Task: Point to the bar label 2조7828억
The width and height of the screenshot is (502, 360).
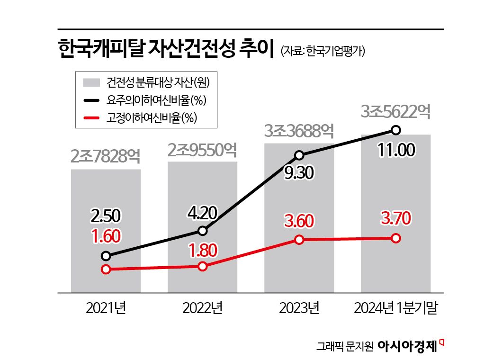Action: pyautogui.click(x=106, y=156)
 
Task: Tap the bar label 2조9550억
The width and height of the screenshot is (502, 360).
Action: pyautogui.click(x=202, y=149)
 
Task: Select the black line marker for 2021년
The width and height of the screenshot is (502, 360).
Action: pyautogui.click(x=106, y=256)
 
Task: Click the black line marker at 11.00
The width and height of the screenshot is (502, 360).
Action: pyautogui.click(x=396, y=130)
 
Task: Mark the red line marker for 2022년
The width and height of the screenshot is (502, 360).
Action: pyautogui.click(x=203, y=266)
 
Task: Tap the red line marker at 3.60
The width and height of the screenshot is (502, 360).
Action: pyautogui.click(x=299, y=240)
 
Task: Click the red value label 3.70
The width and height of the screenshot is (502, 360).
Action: pyautogui.click(x=396, y=219)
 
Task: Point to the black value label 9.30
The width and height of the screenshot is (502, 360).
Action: pyautogui.click(x=299, y=173)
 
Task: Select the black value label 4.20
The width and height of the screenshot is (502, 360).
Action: pyautogui.click(x=202, y=212)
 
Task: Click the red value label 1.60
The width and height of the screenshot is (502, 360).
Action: pyautogui.click(x=106, y=236)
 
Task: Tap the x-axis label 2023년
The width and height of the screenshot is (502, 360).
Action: pyautogui.click(x=299, y=308)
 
